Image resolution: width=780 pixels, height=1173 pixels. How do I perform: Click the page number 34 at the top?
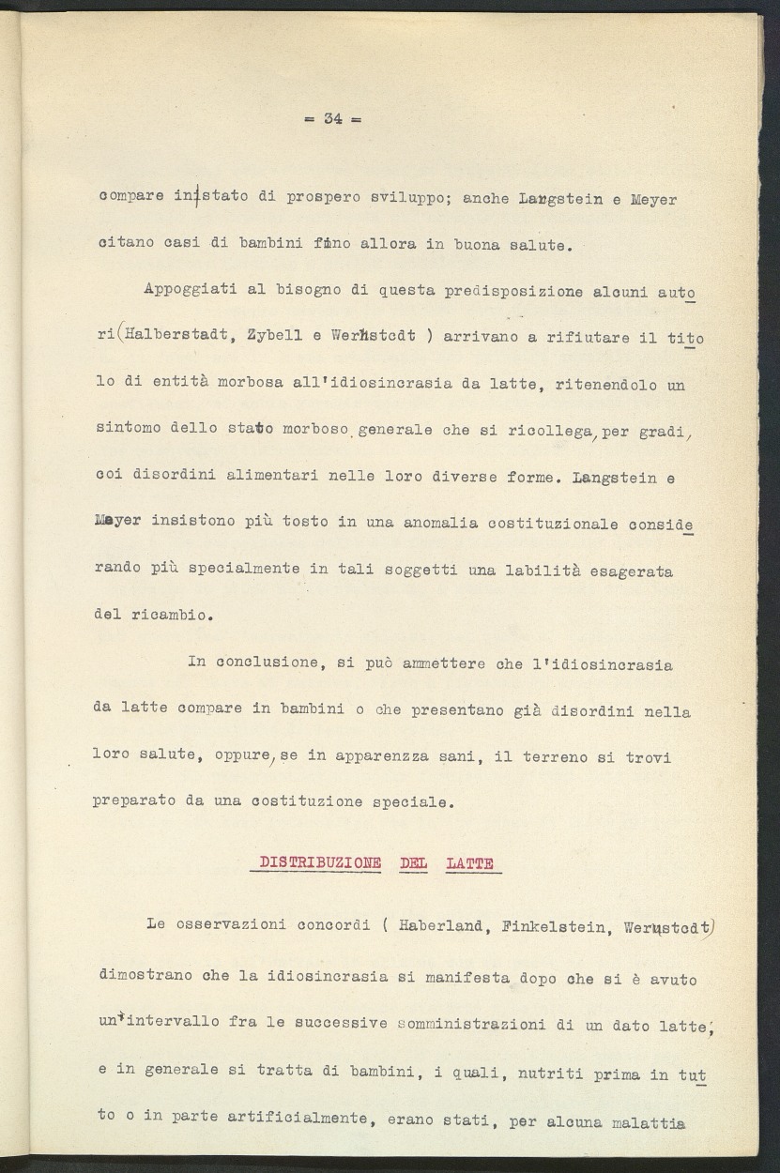332,118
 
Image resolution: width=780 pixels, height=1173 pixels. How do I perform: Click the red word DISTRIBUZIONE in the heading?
320,863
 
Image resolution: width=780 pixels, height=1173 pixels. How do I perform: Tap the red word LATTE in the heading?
470,863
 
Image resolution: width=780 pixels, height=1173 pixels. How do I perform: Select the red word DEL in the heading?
413,863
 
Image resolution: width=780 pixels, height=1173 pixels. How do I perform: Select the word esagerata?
631,570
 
